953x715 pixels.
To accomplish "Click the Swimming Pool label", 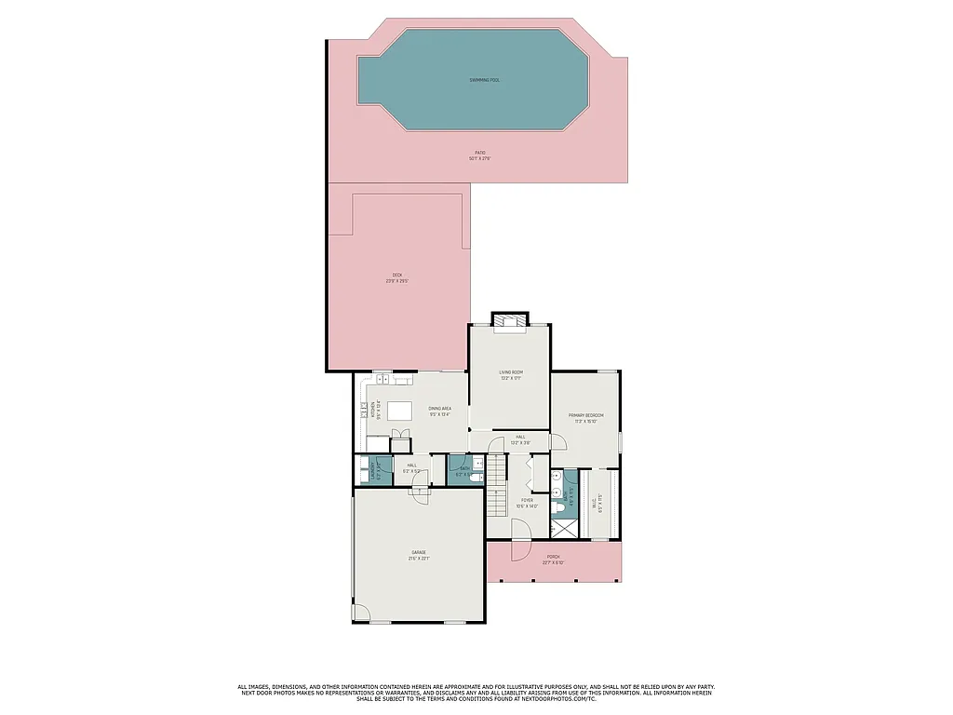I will coord(484,80).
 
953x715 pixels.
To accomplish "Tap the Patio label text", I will coord(480,155).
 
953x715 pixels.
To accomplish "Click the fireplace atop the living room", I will coord(509,320).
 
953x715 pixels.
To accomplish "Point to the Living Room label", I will coord(510,374).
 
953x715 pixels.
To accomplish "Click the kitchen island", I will coord(399,411).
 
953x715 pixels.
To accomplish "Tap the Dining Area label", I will coord(439,411).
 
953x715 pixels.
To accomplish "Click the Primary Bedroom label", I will coord(585,417).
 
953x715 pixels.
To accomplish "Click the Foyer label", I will coord(527,503).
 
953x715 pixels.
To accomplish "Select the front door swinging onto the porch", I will coord(518,531).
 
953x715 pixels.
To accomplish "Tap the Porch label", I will coord(554,561).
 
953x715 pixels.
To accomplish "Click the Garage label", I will coord(419,555).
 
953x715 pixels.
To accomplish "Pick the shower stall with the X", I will coord(563,528).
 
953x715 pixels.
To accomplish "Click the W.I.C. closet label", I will coord(600,503).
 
